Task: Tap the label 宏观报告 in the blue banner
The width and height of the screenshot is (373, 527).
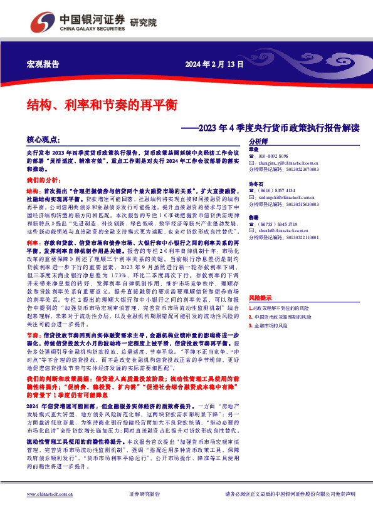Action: (43, 65)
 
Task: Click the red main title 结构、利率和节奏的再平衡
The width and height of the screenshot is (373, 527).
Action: (102, 105)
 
